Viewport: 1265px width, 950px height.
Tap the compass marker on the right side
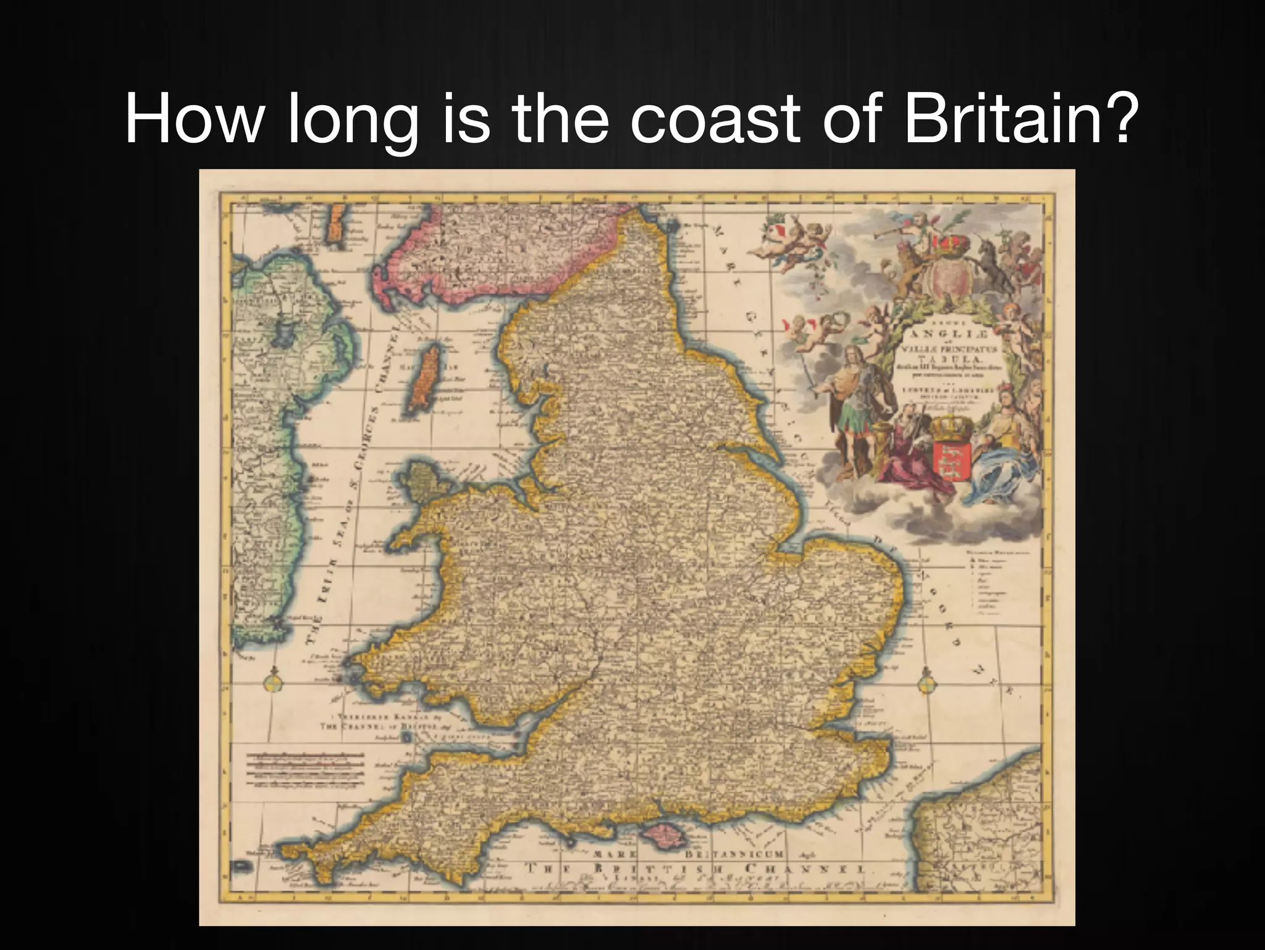925,684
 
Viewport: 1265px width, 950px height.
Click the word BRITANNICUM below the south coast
735,854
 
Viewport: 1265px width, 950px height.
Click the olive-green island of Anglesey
423,482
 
